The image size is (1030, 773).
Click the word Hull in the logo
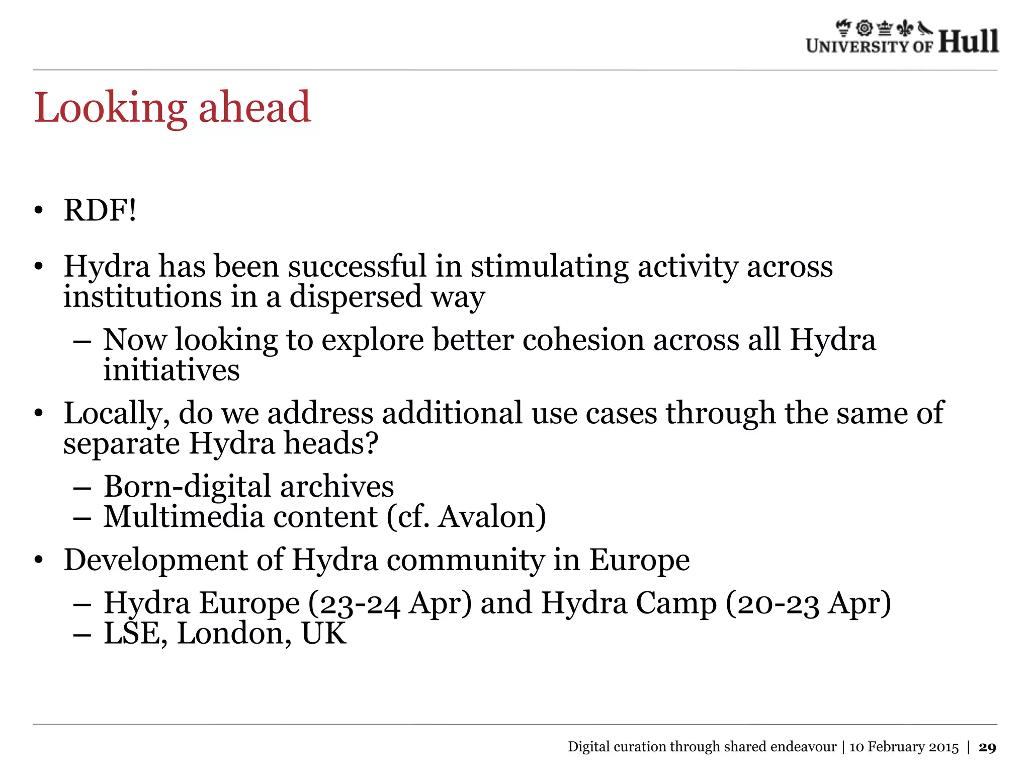968,41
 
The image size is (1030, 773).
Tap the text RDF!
100,210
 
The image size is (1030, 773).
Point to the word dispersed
356,296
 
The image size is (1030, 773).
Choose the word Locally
117,414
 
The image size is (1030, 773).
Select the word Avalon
486,517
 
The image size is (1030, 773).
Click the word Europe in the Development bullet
639,560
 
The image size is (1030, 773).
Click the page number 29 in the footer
987,747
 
